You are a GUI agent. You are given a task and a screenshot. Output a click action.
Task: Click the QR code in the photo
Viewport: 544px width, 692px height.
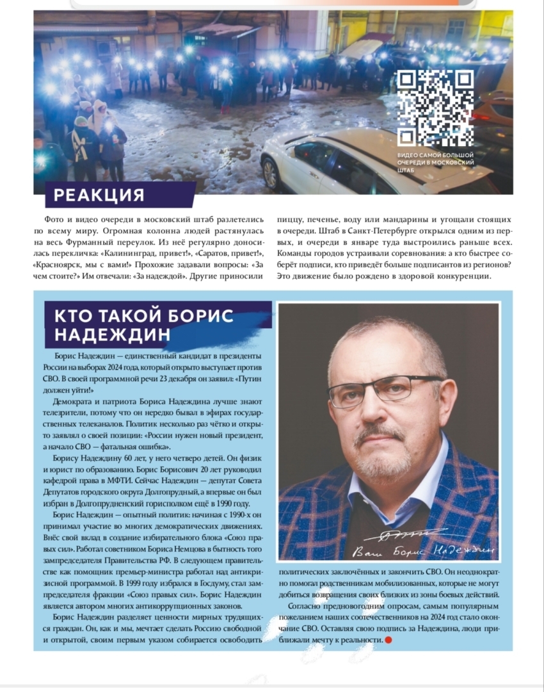[x=435, y=108]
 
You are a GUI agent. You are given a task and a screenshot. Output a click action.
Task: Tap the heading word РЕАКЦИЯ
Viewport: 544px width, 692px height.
[x=99, y=195]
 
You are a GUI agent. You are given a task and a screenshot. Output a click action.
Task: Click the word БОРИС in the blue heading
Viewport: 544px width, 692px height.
[x=200, y=316]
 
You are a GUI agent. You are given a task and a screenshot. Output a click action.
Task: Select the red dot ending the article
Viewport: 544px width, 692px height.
[x=388, y=639]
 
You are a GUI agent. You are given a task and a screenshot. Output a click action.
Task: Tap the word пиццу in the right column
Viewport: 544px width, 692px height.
[x=289, y=220]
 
